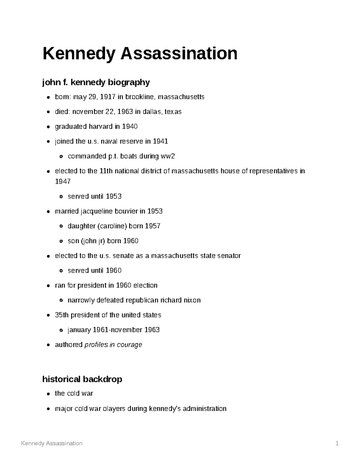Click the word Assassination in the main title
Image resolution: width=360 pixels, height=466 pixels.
tap(179, 53)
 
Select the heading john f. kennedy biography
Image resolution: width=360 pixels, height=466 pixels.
tap(96, 82)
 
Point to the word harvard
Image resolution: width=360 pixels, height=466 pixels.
tap(100, 127)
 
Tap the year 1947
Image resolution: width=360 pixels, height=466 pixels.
tap(63, 182)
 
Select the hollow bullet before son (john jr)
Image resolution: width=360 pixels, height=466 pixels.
tap(61, 241)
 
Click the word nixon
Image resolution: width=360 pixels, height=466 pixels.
tap(192, 300)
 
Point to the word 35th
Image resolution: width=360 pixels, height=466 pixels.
tap(62, 315)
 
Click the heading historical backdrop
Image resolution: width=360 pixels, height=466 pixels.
tap(82, 379)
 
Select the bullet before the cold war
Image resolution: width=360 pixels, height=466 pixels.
tap(48, 394)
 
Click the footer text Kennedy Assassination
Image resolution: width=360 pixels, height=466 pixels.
tap(52, 443)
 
